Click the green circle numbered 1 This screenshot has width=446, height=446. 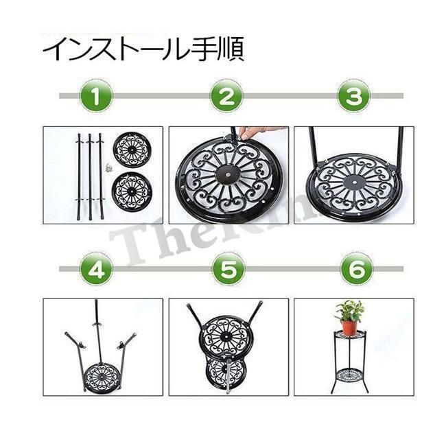[x=99, y=97]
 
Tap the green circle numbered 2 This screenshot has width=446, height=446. [x=226, y=97]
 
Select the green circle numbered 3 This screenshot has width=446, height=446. [x=353, y=97]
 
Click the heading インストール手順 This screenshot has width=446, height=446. [x=143, y=51]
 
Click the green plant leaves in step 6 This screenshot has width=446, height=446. [x=350, y=310]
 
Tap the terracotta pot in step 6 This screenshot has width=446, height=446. [x=350, y=327]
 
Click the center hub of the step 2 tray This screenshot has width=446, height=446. [x=225, y=176]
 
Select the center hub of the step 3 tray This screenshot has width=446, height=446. [x=352, y=183]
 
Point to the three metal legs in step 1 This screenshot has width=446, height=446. [x=89, y=175]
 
